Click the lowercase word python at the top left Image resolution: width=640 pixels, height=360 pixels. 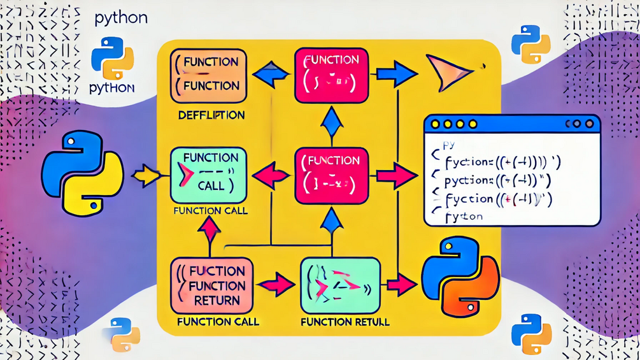[x=121, y=17]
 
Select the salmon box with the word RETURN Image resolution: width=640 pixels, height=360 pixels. [x=210, y=283]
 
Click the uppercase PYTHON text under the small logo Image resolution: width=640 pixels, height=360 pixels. [x=112, y=88]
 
